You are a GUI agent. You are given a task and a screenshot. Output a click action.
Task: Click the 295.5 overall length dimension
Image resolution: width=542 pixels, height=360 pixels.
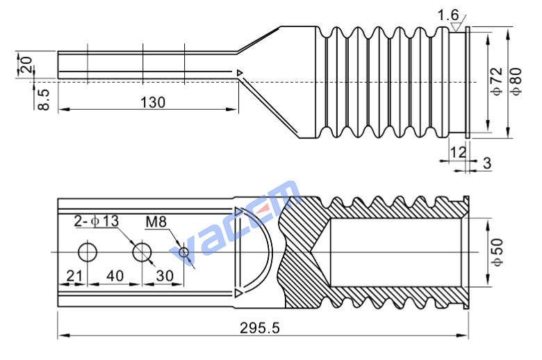coord(260,328)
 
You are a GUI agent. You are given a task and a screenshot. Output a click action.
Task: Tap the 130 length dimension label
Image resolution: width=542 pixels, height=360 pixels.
coord(153,102)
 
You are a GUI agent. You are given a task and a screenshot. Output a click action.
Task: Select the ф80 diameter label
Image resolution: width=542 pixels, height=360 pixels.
coord(516,81)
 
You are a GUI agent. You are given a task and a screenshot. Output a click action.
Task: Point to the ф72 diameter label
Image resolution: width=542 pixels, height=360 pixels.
coord(496,81)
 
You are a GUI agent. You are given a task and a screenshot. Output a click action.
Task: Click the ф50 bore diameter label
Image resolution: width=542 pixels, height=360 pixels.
coord(497,252)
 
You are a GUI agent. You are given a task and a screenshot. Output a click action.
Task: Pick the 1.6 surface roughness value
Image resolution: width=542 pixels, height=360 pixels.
coord(448,15)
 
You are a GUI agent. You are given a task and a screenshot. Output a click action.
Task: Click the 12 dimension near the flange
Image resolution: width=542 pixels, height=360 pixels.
coord(458,152)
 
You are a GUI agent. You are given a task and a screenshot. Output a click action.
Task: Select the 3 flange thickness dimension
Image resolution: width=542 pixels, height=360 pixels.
coord(487,163)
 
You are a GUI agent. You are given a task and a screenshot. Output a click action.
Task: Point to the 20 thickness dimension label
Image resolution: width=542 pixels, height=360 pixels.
coord(26,65)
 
